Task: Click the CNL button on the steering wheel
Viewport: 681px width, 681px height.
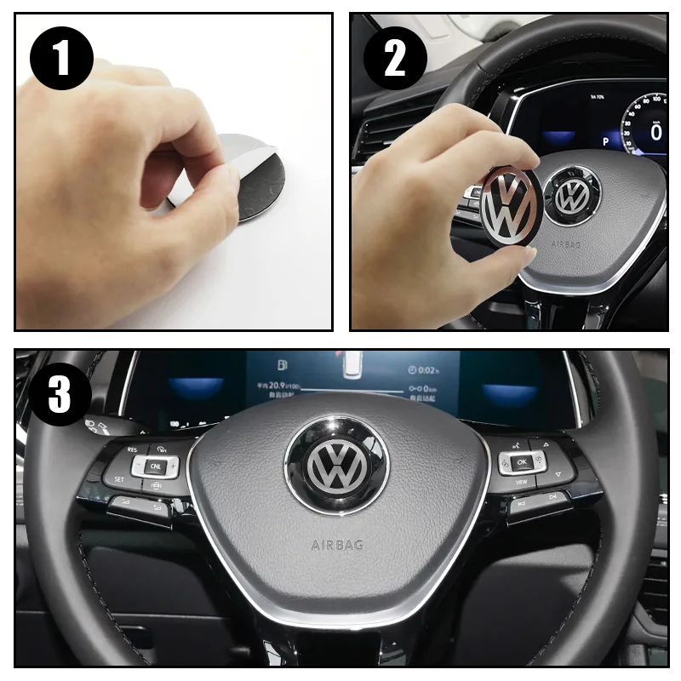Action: pos(155,466)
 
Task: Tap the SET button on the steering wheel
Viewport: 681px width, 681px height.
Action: pos(119,479)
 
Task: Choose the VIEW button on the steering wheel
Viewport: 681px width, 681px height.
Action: pos(520,482)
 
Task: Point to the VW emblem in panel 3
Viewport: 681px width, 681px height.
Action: pos(336,466)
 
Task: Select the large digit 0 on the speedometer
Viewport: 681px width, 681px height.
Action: pos(656,132)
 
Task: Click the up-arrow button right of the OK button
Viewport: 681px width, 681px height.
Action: pos(543,444)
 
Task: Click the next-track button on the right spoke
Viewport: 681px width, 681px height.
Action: pos(552,495)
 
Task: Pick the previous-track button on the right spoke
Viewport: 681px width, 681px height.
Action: pos(520,504)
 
